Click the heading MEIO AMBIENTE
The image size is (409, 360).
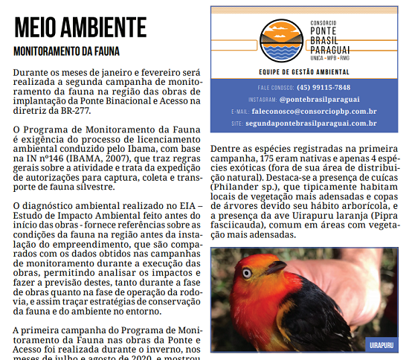71,28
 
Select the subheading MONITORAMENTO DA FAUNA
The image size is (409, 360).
67,53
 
